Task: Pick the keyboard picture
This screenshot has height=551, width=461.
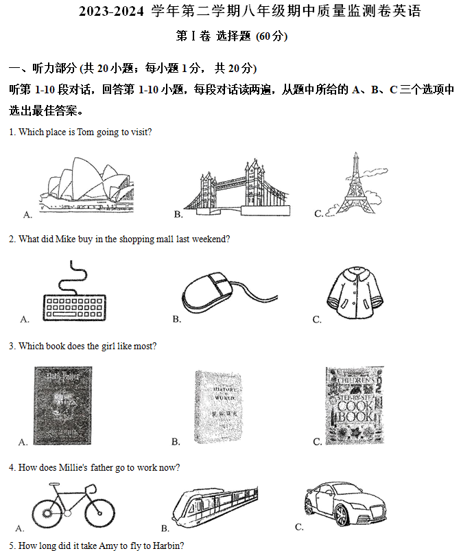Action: pos(74,303)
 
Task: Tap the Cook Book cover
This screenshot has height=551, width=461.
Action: pos(354,406)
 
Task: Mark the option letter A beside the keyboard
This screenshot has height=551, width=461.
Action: pos(25,319)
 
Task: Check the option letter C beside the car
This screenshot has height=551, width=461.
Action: pos(299,526)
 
